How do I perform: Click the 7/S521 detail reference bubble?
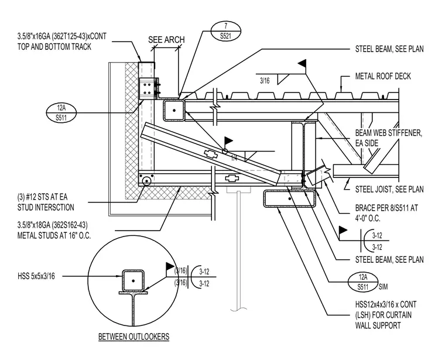(226, 31)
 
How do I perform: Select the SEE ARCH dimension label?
(166, 40)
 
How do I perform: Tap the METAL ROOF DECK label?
(383, 76)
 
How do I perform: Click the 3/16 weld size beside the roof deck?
(265, 81)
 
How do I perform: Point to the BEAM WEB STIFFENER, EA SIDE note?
(389, 138)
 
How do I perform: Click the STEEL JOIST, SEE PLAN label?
(389, 189)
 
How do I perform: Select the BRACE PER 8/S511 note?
(386, 213)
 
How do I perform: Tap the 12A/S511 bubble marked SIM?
(363, 282)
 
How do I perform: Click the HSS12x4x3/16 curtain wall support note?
(386, 315)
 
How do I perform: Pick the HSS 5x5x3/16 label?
(36, 276)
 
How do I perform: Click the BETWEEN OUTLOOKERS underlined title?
(133, 337)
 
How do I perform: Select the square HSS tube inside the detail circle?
(133, 280)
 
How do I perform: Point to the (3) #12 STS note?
(46, 203)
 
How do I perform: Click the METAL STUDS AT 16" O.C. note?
(54, 231)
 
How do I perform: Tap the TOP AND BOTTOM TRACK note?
(62, 42)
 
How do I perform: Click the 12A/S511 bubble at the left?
(61, 113)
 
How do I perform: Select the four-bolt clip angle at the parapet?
(148, 88)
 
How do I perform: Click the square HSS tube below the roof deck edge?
(174, 110)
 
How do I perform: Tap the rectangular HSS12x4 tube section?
(289, 198)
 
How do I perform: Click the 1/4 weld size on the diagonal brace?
(234, 158)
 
